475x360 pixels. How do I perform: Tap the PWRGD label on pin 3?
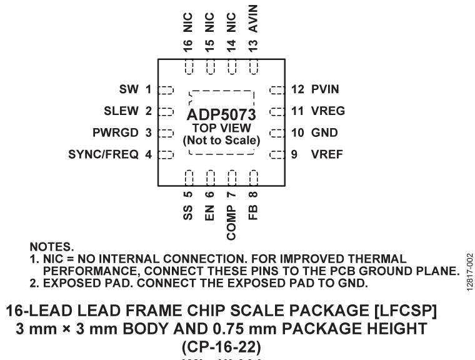[111, 132]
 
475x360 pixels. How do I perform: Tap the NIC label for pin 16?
[188, 26]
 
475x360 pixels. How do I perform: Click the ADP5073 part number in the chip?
[222, 116]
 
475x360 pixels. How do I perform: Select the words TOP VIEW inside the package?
[222, 128]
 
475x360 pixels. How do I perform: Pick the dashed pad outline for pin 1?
[166, 89]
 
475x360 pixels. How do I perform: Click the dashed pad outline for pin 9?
[276, 154]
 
